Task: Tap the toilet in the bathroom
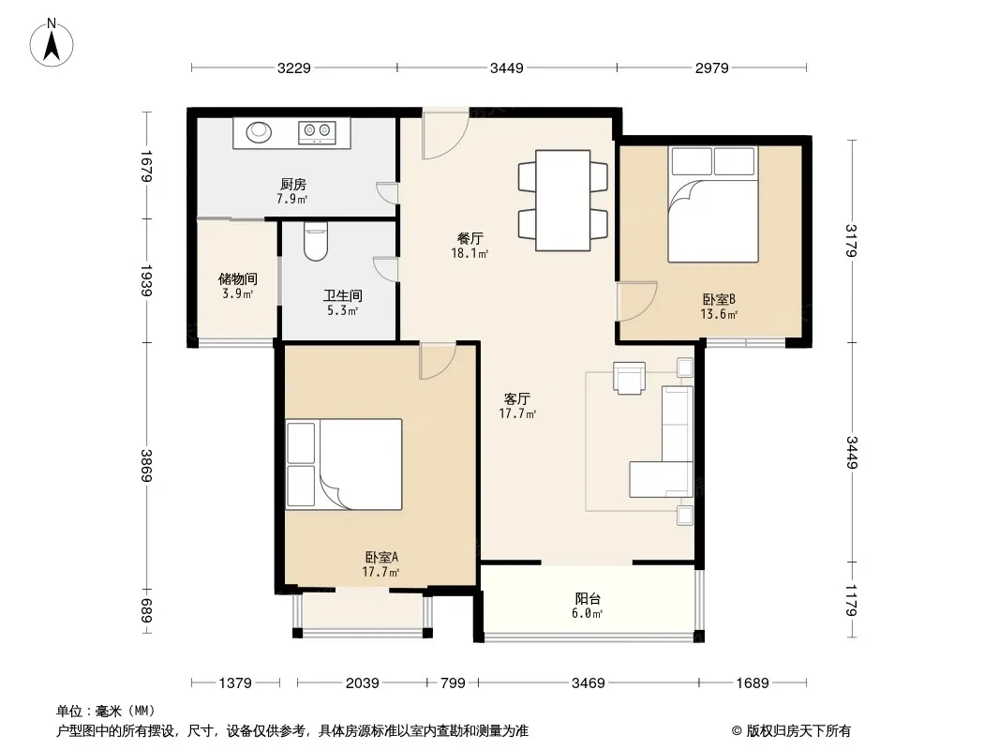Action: tap(316, 242)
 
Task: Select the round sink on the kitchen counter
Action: tap(260, 131)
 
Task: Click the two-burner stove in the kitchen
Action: tap(317, 131)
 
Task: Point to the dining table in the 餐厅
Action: tap(562, 200)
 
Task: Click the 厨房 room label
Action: tap(293, 185)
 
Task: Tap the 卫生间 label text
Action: tap(343, 295)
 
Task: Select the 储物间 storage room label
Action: tap(238, 279)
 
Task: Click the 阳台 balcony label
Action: tap(588, 599)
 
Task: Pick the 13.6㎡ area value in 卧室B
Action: tap(719, 314)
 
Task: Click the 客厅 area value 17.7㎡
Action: tap(517, 413)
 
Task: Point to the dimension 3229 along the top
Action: tap(293, 67)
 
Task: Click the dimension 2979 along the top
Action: tap(711, 67)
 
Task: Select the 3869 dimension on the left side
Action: tap(147, 466)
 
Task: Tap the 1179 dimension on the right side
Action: tap(852, 600)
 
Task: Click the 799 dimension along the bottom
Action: tap(453, 683)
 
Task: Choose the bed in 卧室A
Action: tap(343, 464)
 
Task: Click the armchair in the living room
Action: tap(629, 378)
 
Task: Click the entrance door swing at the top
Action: tap(446, 135)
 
